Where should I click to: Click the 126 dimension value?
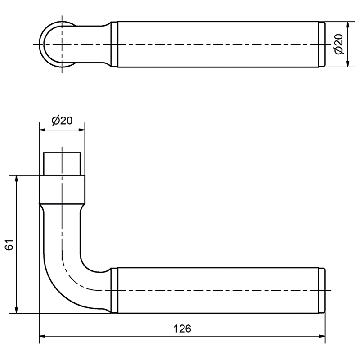point(182,328)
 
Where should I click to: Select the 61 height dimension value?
point(10,244)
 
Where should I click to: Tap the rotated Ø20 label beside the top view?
point(339,44)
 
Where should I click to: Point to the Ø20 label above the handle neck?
point(62,121)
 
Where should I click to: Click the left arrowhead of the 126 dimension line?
point(42,336)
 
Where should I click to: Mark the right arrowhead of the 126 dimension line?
point(322,336)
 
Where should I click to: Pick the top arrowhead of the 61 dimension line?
point(16,179)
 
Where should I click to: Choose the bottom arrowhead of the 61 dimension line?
point(16,310)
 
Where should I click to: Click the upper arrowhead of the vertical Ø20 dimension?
point(348,25)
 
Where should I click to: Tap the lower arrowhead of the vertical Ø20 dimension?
point(348,64)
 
